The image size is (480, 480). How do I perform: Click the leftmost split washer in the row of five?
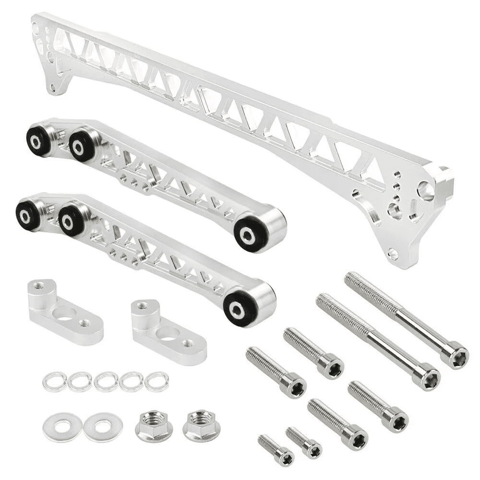click(x=54, y=382)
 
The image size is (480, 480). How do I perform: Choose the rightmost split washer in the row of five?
click(x=157, y=382)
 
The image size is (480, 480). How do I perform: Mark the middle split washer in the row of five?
click(x=106, y=382)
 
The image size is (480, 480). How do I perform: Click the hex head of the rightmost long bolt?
click(x=455, y=357)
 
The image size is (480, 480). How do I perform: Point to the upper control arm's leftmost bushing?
click(x=37, y=139)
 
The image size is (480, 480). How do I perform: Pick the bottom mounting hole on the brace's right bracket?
click(x=394, y=252)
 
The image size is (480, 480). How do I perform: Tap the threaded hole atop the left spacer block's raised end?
click(x=39, y=287)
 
